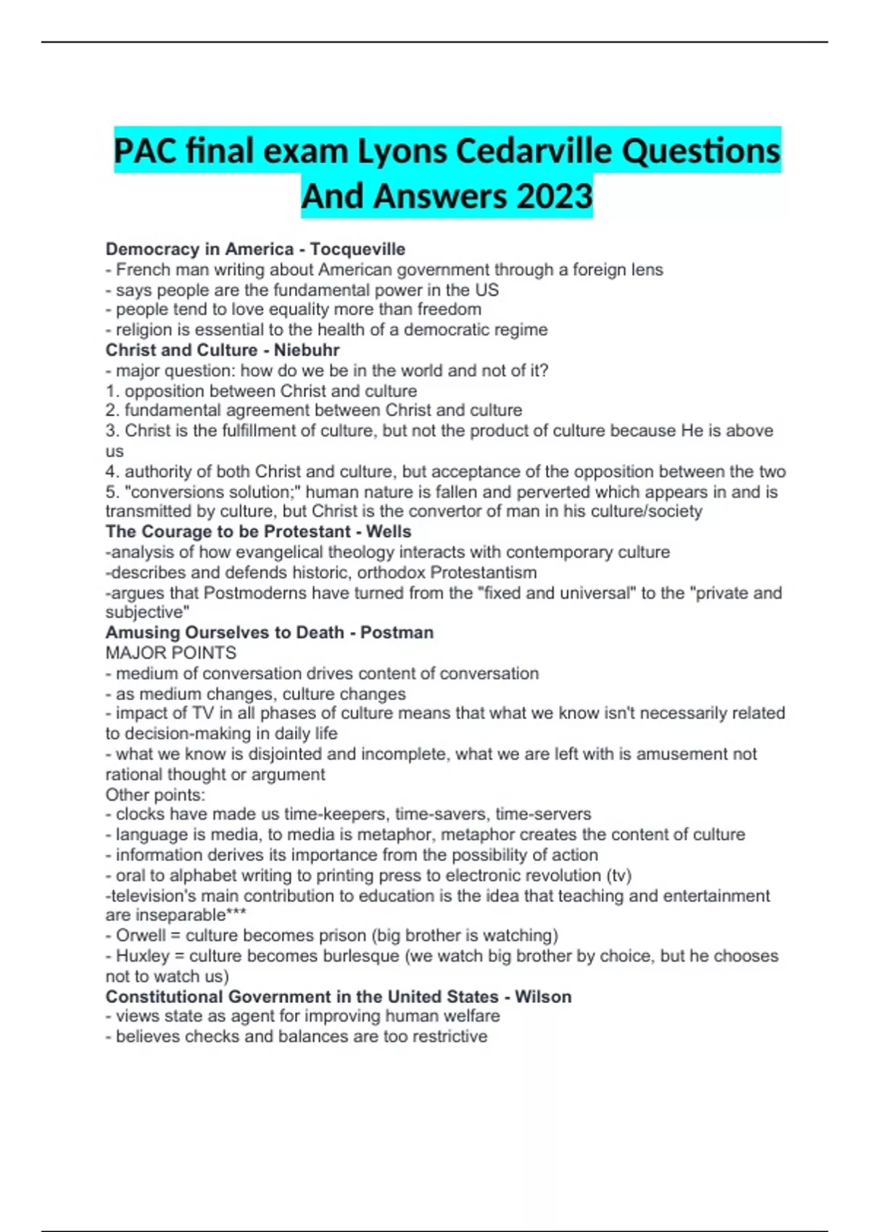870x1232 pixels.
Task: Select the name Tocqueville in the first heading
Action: point(357,249)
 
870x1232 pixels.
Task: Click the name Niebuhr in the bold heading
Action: point(307,350)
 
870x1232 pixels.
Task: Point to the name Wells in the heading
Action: point(389,531)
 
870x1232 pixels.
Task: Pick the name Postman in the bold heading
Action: point(397,633)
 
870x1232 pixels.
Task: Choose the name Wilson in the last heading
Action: point(543,997)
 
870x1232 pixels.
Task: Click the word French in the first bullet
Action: point(139,270)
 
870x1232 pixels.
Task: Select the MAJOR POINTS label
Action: point(171,653)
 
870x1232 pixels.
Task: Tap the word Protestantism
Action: point(484,573)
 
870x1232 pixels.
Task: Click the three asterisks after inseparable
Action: point(236,915)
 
